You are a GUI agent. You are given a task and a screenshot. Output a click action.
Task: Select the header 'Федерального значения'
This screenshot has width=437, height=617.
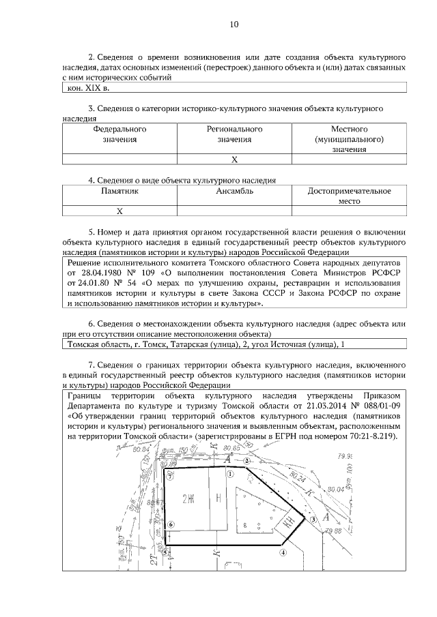coord(119,134)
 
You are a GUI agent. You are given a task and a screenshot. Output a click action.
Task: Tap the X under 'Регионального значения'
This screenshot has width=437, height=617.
coord(234,160)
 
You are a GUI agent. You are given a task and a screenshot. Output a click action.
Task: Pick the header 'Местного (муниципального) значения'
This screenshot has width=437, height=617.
coord(350,139)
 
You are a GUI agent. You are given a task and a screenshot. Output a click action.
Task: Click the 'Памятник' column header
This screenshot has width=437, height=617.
coord(119,192)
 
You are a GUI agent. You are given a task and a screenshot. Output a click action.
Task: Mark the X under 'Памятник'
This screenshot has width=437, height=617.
coord(119,211)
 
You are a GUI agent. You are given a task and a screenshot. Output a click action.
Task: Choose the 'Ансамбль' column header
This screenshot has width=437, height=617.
coord(234,192)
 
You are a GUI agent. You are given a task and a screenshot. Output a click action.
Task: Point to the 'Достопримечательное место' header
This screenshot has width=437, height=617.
coord(350,196)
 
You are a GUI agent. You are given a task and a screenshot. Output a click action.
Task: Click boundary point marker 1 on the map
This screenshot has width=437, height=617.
coord(231,473)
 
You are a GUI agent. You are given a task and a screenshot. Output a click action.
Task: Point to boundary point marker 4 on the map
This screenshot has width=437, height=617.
coord(283,554)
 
